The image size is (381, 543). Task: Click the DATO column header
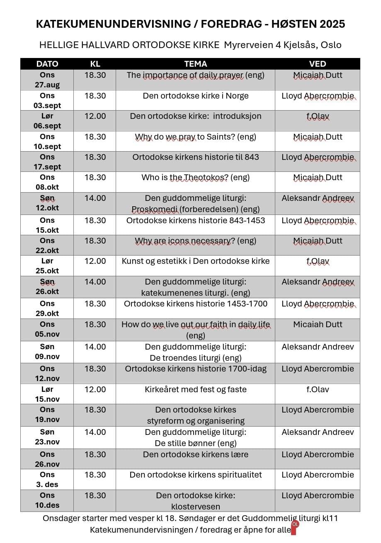[x=47, y=64]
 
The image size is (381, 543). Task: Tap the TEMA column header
[x=195, y=64]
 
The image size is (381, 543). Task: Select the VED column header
[x=318, y=64]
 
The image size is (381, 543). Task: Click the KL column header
[x=95, y=64]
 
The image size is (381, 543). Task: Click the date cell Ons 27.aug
[x=47, y=80]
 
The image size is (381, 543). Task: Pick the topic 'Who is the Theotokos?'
[x=195, y=177]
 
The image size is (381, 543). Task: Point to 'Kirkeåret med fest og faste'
[x=195, y=389]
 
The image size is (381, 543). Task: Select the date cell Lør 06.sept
[x=47, y=121]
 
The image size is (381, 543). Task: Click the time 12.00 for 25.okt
[x=95, y=261]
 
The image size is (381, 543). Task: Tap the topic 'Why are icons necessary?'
[x=195, y=241]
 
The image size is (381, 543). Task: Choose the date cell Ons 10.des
[x=47, y=500]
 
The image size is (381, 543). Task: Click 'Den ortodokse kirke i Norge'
[x=195, y=96]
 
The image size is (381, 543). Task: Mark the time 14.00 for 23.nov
[x=95, y=432]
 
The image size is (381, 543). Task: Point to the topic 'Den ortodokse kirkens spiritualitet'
[x=195, y=475]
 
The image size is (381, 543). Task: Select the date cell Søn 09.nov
[x=47, y=352]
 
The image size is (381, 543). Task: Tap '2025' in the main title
[x=332, y=24]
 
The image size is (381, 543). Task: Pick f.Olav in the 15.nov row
[x=318, y=389]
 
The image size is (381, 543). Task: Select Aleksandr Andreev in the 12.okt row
[x=318, y=198]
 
